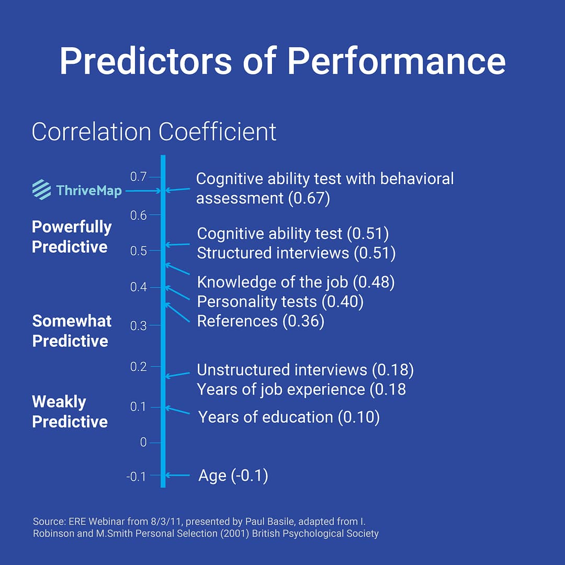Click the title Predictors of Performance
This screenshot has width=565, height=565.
[x=282, y=61]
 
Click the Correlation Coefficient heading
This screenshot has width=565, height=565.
[x=154, y=132]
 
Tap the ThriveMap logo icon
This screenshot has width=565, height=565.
[x=41, y=190]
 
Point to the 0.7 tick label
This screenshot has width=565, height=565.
[x=139, y=177]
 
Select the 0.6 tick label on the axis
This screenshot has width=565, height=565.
[x=139, y=215]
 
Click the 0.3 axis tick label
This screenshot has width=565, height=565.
[x=139, y=325]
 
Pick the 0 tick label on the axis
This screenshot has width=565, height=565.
[x=143, y=443]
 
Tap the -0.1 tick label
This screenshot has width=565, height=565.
[x=137, y=477]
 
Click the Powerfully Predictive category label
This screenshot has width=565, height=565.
[x=72, y=236]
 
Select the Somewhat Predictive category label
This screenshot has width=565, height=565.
[x=72, y=331]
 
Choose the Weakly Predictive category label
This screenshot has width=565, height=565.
[x=70, y=412]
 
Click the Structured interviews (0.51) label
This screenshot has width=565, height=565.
[x=296, y=253]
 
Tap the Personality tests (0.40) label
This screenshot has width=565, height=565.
[x=280, y=302]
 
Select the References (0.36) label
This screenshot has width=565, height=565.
[x=261, y=321]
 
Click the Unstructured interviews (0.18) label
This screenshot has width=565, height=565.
[x=305, y=370]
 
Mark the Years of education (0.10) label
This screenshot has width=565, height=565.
[x=289, y=417]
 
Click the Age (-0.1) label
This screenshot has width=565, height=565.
[x=233, y=476]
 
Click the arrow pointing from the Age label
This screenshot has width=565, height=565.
[x=177, y=476]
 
